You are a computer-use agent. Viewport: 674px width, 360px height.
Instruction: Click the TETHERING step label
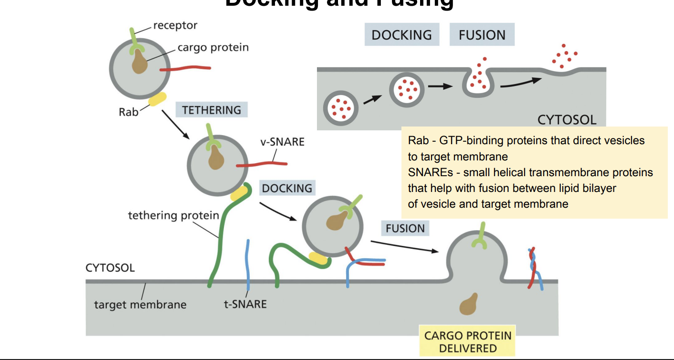(211, 110)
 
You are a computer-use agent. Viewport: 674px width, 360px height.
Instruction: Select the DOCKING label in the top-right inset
(401, 35)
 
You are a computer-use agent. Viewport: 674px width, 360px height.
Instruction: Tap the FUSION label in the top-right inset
(482, 35)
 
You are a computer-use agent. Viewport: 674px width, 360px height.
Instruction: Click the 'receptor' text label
(175, 25)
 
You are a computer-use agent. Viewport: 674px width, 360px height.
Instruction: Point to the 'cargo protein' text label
(213, 48)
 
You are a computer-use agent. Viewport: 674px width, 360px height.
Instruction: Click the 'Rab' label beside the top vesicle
(128, 112)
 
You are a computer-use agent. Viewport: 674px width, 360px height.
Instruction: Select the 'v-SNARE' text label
(283, 142)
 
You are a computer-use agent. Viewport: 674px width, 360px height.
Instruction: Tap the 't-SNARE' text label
(245, 304)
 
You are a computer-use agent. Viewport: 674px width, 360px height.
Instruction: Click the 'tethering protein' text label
(173, 215)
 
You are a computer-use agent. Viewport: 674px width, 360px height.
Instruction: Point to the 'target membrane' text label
(140, 304)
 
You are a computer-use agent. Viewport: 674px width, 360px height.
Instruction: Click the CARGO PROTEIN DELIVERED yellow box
(467, 341)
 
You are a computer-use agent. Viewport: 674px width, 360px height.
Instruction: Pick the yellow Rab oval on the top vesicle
(158, 99)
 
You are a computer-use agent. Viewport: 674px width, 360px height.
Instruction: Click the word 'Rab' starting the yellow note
(416, 140)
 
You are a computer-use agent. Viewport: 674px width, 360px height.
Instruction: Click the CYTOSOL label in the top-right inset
(567, 119)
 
